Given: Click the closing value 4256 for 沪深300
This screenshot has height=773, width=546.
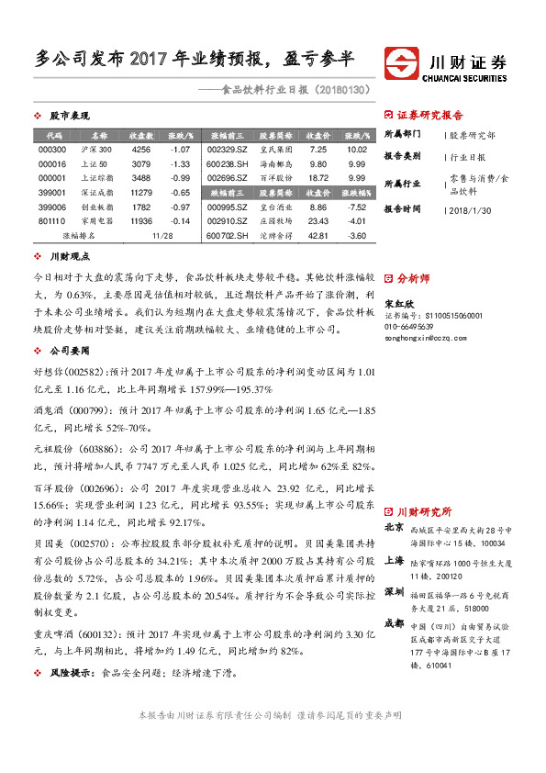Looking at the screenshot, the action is [x=141, y=149].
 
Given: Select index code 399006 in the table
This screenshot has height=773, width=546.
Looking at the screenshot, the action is [x=53, y=208].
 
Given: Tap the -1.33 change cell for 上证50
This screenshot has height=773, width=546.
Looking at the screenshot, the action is [x=180, y=163].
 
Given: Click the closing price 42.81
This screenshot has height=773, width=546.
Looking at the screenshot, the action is [x=318, y=236].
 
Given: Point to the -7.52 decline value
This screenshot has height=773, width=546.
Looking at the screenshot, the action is [x=357, y=207].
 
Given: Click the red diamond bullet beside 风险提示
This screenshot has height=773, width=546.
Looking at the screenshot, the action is [x=36, y=674].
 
